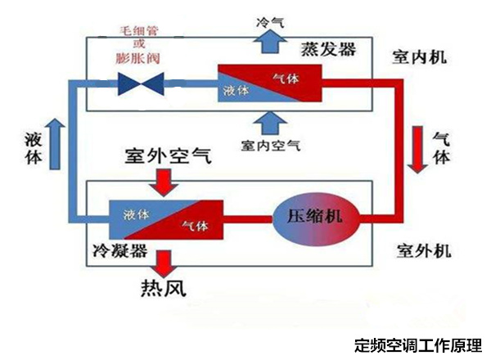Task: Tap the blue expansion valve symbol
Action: (141, 82)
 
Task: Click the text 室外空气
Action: (166, 155)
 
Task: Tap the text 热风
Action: (164, 288)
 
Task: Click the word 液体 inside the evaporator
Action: (236, 91)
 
